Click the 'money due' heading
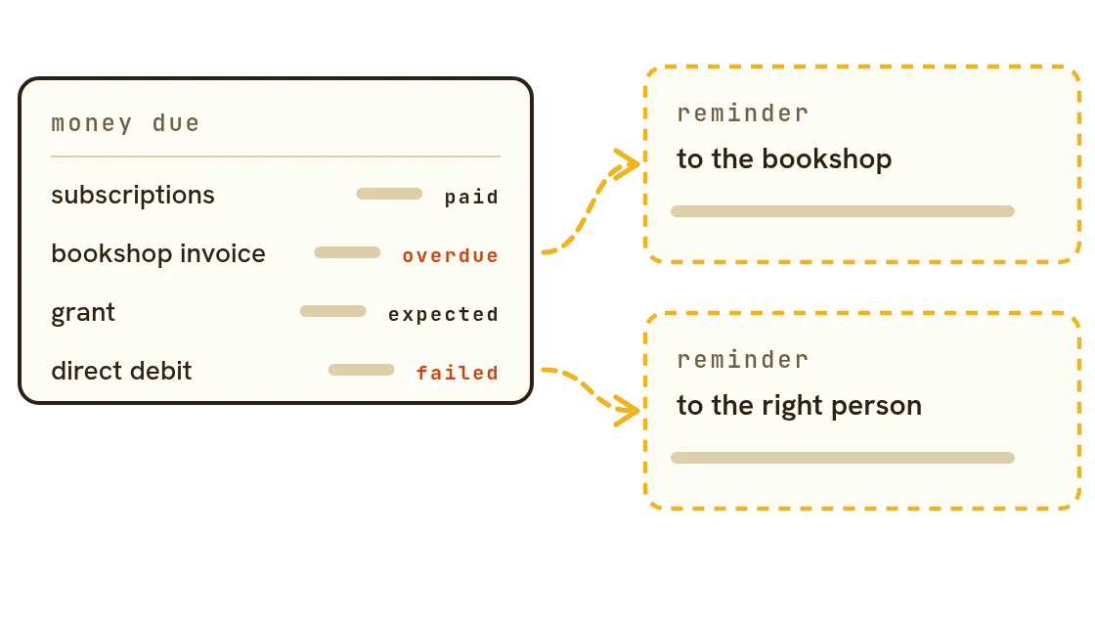(126, 123)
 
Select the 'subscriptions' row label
(133, 196)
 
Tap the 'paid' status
(471, 198)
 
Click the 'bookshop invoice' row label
(158, 253)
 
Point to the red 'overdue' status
(451, 255)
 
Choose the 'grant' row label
(83, 313)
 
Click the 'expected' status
(444, 315)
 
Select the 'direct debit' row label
(121, 371)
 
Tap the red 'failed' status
(458, 373)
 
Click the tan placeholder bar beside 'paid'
(390, 194)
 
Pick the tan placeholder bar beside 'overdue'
(347, 252)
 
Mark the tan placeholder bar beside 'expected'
(333, 311)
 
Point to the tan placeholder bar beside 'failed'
(362, 370)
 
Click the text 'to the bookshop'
(784, 159)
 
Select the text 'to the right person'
(800, 406)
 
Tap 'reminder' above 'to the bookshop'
(743, 113)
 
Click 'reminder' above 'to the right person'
(743, 360)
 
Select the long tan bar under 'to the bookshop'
(843, 211)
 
